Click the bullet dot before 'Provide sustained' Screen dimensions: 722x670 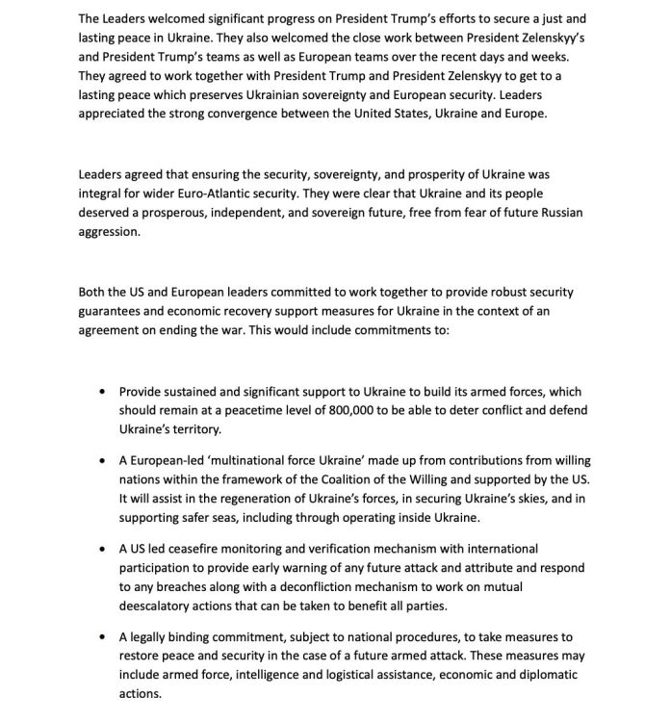tap(103, 393)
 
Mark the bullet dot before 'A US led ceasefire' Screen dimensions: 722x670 tap(103, 549)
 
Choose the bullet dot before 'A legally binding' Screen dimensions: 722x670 tap(103, 637)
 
